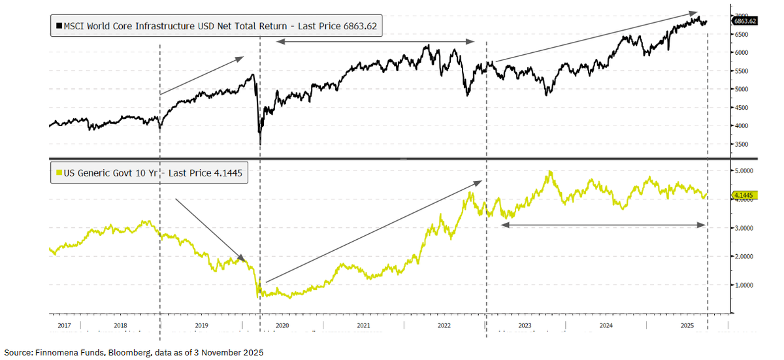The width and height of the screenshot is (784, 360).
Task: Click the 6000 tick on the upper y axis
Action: click(x=740, y=52)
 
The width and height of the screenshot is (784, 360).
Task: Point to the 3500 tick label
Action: click(x=740, y=144)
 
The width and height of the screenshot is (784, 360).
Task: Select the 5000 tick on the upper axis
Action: click(x=740, y=89)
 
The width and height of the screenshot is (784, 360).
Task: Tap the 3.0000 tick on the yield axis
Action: click(x=743, y=227)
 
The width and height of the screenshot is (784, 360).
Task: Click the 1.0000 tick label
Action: click(x=743, y=285)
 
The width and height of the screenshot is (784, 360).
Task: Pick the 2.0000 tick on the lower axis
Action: click(x=743, y=256)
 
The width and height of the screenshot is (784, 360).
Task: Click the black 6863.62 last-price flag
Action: click(x=744, y=21)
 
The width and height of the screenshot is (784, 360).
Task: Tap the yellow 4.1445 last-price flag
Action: click(x=744, y=195)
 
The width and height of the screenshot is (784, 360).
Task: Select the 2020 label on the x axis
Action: click(x=283, y=324)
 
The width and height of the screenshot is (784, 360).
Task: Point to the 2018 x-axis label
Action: click(x=120, y=324)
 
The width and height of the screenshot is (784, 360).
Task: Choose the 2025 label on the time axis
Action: click(x=687, y=324)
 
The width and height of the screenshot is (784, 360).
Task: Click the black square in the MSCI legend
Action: click(x=59, y=27)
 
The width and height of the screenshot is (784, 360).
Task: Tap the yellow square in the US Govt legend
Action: click(x=59, y=173)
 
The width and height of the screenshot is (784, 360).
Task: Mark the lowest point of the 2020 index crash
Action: click(x=260, y=144)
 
